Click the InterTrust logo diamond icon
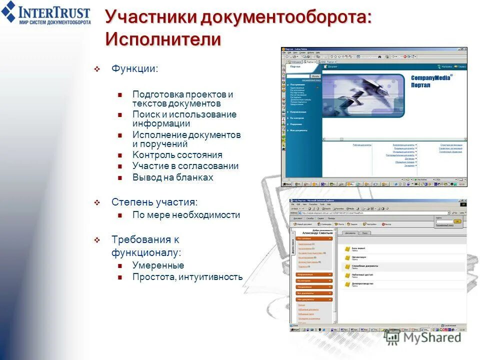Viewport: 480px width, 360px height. pyautogui.click(x=8, y=11)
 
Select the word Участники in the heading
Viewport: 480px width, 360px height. pyautogui.click(x=150, y=16)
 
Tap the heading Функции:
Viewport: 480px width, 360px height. pyautogui.click(x=134, y=68)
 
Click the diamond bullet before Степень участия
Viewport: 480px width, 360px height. pyautogui.click(x=97, y=202)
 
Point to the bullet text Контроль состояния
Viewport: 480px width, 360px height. pyautogui.click(x=177, y=155)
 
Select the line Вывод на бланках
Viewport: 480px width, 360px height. pyautogui.click(x=172, y=177)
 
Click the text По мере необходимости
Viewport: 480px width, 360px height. pyautogui.click(x=186, y=215)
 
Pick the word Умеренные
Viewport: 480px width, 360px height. pyautogui.click(x=158, y=265)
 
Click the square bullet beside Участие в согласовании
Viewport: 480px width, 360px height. pyautogui.click(x=120, y=166)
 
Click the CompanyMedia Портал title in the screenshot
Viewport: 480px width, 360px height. pyautogui.click(x=430, y=81)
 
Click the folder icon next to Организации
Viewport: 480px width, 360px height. pyautogui.click(x=346, y=257)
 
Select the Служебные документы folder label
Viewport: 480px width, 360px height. pyautogui.click(x=364, y=265)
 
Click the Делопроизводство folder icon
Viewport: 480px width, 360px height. pyautogui.click(x=346, y=284)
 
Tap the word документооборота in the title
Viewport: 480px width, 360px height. pyautogui.click(x=286, y=16)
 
